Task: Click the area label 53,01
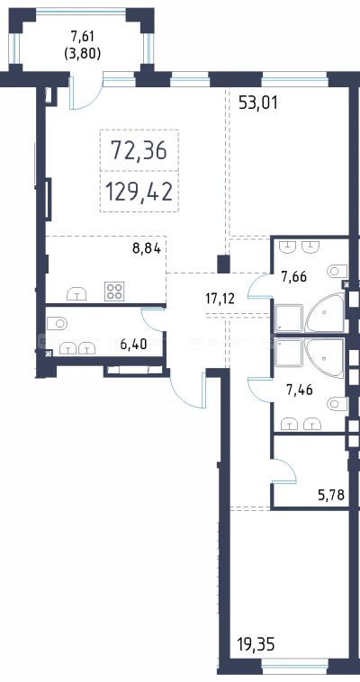coord(258,103)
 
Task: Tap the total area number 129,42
coord(139,192)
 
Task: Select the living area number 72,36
coord(139,150)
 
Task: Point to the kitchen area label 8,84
coord(147,249)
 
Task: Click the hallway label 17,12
coord(220,299)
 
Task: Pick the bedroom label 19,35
coord(256,644)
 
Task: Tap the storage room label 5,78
coord(331,495)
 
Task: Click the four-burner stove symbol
coord(114,291)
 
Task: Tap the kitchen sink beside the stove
coord(76,294)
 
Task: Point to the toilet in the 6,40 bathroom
coord(57,324)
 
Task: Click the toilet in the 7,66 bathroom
coord(337,271)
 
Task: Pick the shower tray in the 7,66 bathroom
coord(289,319)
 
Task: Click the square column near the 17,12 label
coord(223,264)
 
